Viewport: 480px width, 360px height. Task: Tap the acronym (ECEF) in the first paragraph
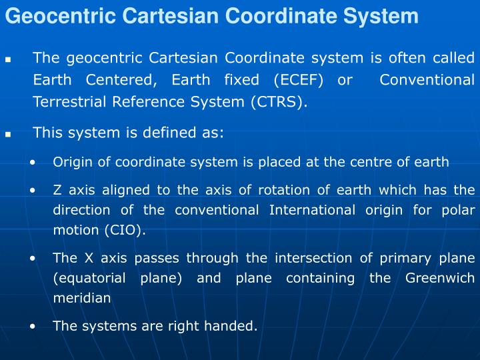click(x=298, y=81)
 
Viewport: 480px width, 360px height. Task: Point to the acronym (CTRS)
click(x=279, y=102)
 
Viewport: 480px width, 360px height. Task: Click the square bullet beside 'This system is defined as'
click(x=9, y=134)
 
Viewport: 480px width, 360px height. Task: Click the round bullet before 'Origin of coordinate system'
click(x=33, y=162)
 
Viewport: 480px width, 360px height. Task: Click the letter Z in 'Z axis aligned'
click(x=57, y=190)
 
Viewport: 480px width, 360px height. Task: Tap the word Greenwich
click(x=440, y=278)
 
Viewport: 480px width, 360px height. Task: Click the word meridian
click(x=82, y=299)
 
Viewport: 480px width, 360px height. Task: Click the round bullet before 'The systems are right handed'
click(x=33, y=327)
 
